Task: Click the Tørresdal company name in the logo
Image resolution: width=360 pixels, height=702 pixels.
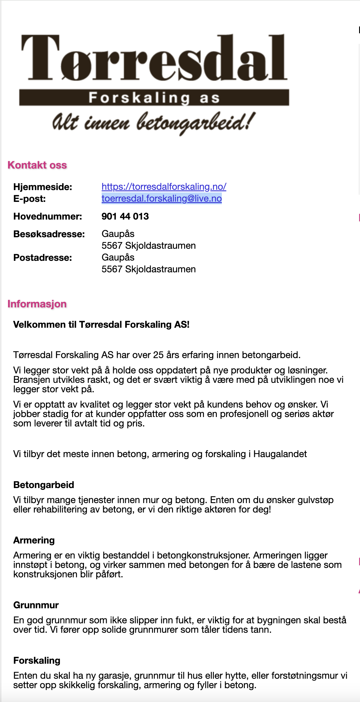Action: click(154, 57)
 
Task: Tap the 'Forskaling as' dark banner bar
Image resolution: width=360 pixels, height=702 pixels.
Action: click(154, 98)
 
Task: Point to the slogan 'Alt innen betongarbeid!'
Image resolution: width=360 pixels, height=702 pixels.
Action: click(153, 122)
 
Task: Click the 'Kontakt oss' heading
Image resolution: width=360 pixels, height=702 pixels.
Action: click(37, 165)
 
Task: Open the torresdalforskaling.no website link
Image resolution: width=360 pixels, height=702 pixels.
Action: click(164, 187)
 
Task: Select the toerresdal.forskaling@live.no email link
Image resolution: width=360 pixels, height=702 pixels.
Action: click(161, 198)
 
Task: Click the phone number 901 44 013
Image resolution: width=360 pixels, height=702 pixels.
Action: click(125, 216)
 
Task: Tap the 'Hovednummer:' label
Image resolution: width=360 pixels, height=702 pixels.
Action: click(48, 216)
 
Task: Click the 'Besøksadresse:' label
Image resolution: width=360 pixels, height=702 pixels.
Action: click(49, 234)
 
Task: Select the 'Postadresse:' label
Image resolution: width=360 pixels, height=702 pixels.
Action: click(43, 258)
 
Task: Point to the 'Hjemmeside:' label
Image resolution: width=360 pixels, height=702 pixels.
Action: click(43, 187)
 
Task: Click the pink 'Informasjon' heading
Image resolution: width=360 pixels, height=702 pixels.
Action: click(37, 304)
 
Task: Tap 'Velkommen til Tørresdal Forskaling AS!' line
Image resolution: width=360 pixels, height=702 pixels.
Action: click(101, 324)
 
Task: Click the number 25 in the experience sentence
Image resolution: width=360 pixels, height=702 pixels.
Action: click(158, 355)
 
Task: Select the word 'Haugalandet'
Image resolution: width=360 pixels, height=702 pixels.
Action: click(280, 454)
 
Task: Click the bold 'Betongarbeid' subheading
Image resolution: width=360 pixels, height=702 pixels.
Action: click(44, 485)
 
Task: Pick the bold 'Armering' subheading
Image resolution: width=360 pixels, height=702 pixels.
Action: click(34, 540)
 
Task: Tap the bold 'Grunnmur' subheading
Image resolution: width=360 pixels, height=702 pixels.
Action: click(36, 605)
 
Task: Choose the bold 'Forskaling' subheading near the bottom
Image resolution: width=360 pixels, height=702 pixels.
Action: click(37, 660)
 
